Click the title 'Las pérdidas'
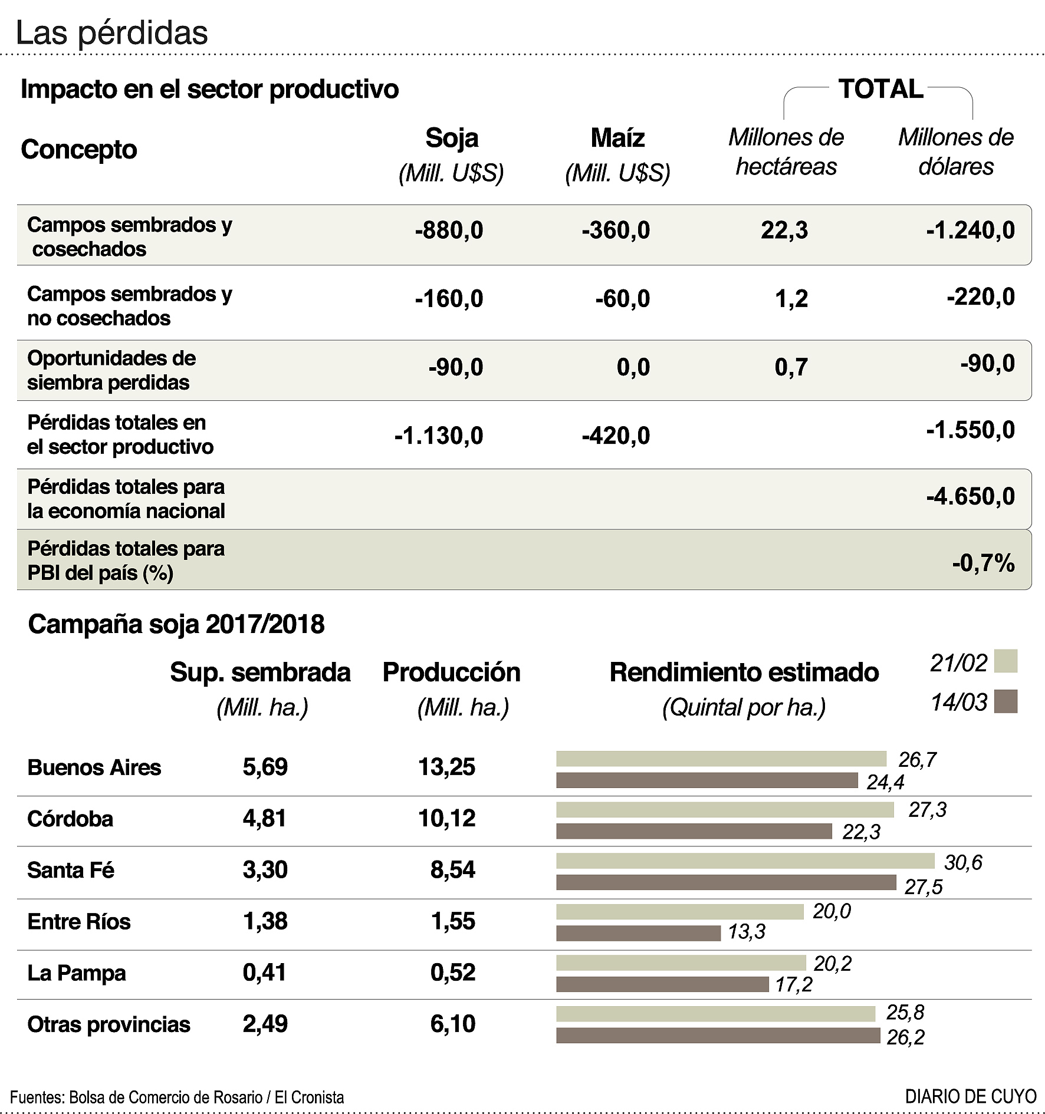tap(111, 33)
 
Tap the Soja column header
tap(452, 138)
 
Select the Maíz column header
tap(617, 138)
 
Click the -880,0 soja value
tap(449, 230)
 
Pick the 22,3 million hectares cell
tap(784, 230)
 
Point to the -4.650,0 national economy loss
tap(970, 496)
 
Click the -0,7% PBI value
tap(983, 563)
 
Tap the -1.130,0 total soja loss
tap(439, 436)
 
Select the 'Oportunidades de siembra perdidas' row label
tap(111, 370)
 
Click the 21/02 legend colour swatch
tap(1005, 661)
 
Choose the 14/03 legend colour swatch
tap(1005, 701)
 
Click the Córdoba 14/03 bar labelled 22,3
tap(694, 831)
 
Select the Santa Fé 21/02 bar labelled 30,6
tap(745, 861)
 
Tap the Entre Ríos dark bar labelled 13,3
tap(638, 933)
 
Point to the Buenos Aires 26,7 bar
tap(721, 759)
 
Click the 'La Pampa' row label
tap(77, 973)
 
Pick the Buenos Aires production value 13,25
tap(446, 767)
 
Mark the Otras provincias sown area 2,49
tap(265, 1024)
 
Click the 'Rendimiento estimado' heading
tap(744, 672)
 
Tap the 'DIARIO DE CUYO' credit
tap(971, 1096)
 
